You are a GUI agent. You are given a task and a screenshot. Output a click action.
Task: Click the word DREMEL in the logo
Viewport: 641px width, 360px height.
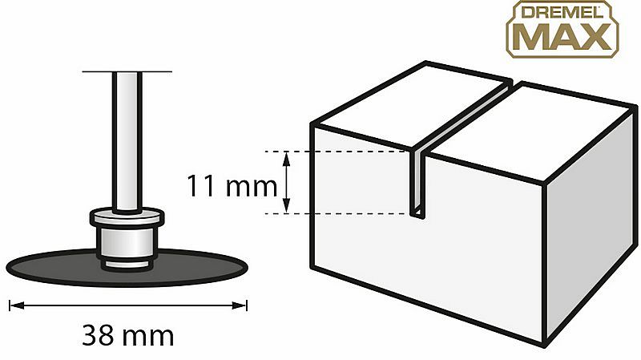[x=562, y=12]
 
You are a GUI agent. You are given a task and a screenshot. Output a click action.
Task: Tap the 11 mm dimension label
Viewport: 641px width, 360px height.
[x=232, y=186]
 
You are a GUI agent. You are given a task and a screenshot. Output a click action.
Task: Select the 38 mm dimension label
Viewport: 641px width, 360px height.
[x=128, y=335]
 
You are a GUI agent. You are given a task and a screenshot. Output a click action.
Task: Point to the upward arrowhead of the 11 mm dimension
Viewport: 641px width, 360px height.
[x=287, y=158]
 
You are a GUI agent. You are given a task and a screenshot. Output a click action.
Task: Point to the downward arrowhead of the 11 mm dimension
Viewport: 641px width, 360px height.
[x=287, y=206]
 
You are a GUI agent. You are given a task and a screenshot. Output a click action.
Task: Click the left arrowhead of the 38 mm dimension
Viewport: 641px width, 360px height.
[x=17, y=305]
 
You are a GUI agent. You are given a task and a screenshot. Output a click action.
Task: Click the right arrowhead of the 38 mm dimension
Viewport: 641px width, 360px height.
[x=239, y=305]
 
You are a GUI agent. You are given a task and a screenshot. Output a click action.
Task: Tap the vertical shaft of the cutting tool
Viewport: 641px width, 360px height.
[x=127, y=142]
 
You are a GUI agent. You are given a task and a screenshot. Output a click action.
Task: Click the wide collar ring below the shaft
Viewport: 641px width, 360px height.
[x=127, y=217]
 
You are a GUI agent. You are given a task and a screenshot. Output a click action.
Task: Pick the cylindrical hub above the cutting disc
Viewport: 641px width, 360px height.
[x=127, y=241]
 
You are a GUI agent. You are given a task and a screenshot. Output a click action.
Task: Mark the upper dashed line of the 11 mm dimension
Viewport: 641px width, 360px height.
[x=337, y=152]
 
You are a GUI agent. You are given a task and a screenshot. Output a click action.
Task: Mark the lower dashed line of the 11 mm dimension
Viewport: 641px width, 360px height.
[x=337, y=213]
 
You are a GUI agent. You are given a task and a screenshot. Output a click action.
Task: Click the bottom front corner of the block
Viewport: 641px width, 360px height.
[x=545, y=346]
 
